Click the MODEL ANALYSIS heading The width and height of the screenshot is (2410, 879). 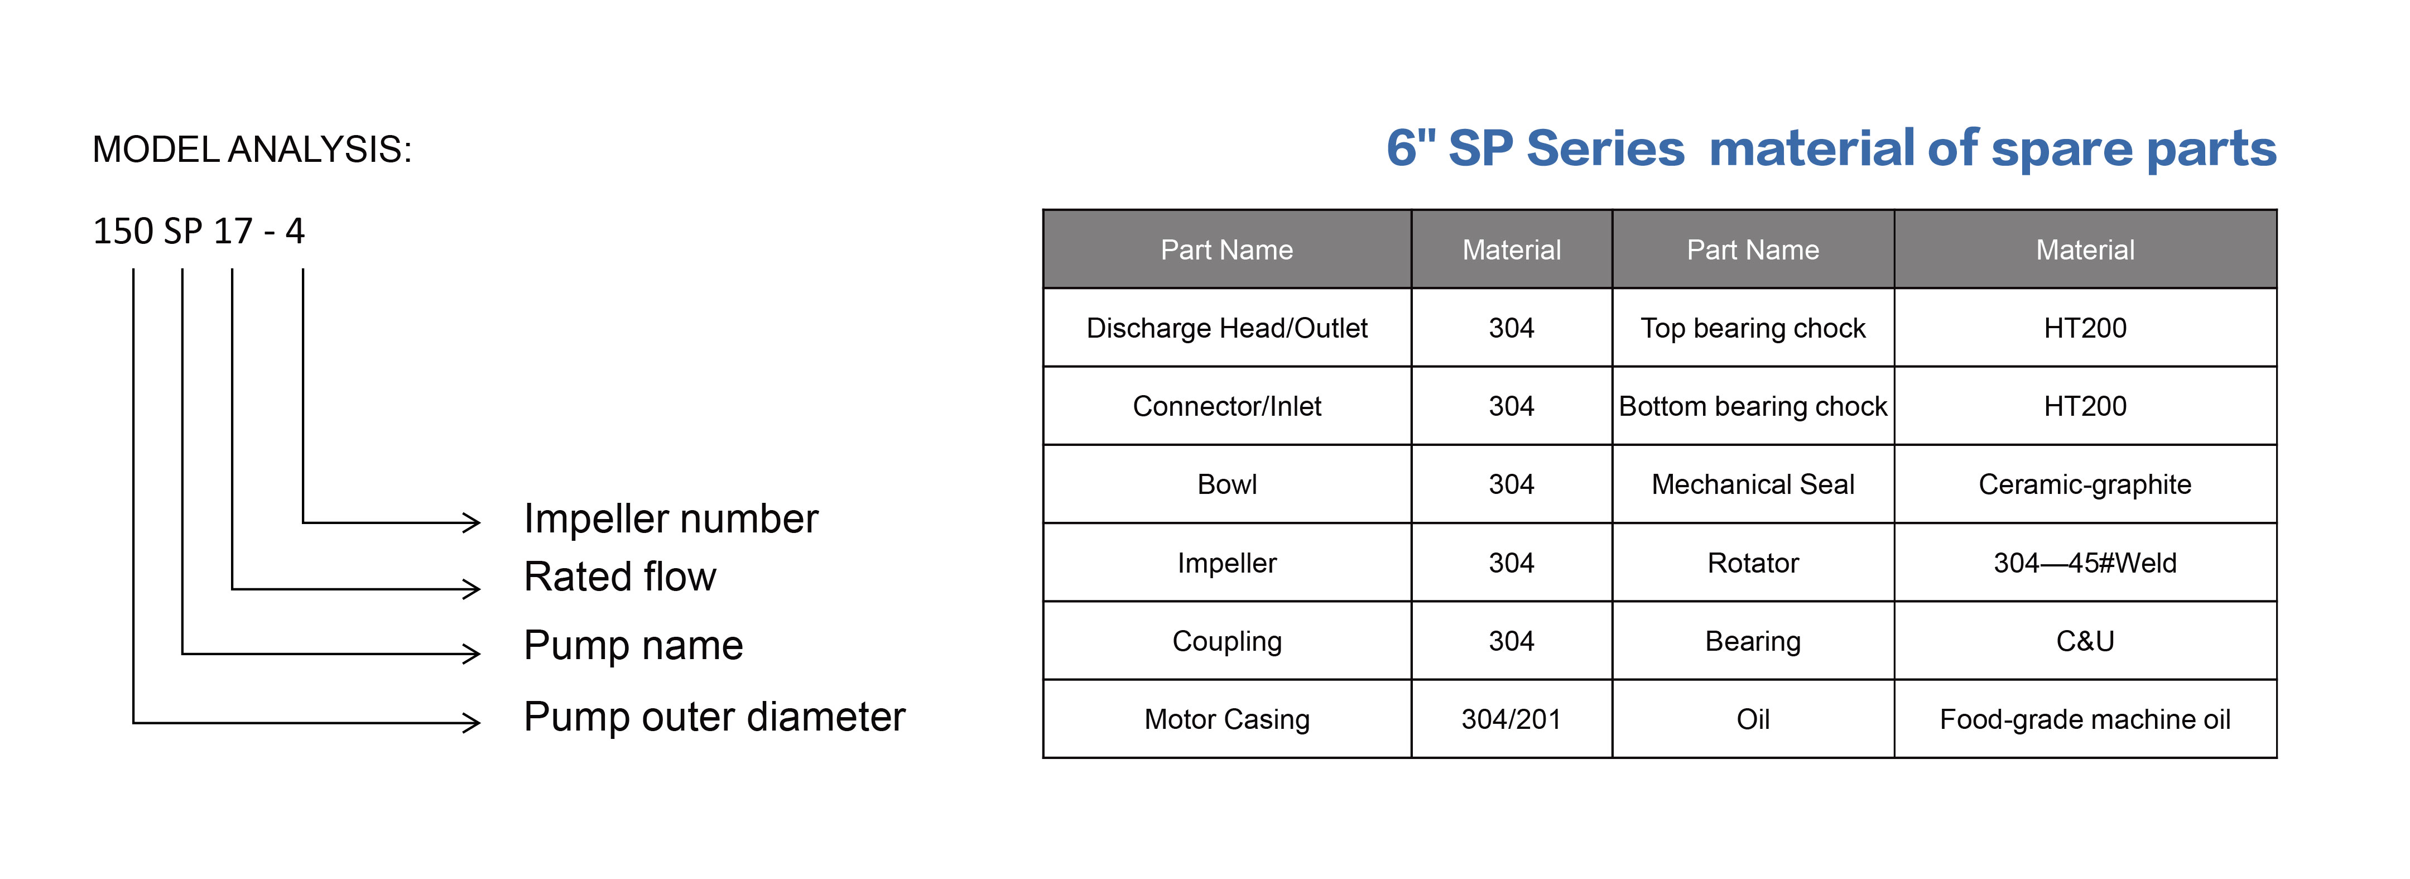(x=252, y=150)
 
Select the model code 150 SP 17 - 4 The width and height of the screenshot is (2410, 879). (x=198, y=231)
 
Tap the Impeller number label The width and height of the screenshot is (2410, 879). (x=671, y=518)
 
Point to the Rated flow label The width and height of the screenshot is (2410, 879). (x=619, y=577)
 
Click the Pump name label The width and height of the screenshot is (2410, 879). (x=633, y=645)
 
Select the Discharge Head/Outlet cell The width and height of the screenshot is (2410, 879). (x=1226, y=328)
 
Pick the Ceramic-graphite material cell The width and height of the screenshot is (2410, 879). (x=2085, y=484)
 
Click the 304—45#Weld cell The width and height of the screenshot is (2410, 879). (x=2085, y=563)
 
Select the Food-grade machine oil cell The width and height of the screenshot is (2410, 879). (x=2085, y=719)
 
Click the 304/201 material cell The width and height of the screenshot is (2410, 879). (x=1511, y=719)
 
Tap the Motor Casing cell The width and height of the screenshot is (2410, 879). (x=1226, y=719)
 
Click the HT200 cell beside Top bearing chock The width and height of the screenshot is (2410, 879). (x=2085, y=328)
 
